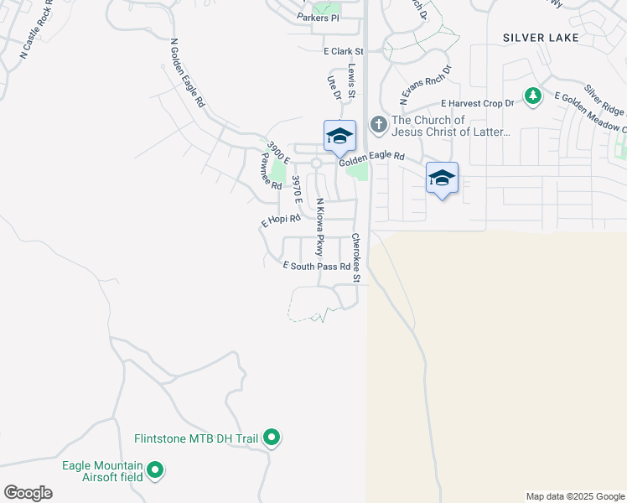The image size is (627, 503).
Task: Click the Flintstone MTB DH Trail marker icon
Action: point(272,438)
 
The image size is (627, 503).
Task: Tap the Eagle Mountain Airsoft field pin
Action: point(155,472)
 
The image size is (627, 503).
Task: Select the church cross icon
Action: point(378,126)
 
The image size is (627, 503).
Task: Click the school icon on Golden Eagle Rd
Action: point(339,136)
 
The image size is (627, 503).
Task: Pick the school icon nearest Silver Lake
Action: point(442,178)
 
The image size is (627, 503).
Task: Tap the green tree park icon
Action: point(532,97)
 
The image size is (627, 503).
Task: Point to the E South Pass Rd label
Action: point(316,266)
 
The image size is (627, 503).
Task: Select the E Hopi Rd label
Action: point(281,220)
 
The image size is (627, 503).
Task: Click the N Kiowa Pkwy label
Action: point(319,227)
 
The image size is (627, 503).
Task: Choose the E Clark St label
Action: point(345,51)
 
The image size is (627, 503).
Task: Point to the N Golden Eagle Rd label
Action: point(187,73)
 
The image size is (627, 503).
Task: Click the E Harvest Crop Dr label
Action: point(477,103)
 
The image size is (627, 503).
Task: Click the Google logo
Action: point(28,492)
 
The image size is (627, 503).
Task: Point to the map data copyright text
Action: point(574,496)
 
